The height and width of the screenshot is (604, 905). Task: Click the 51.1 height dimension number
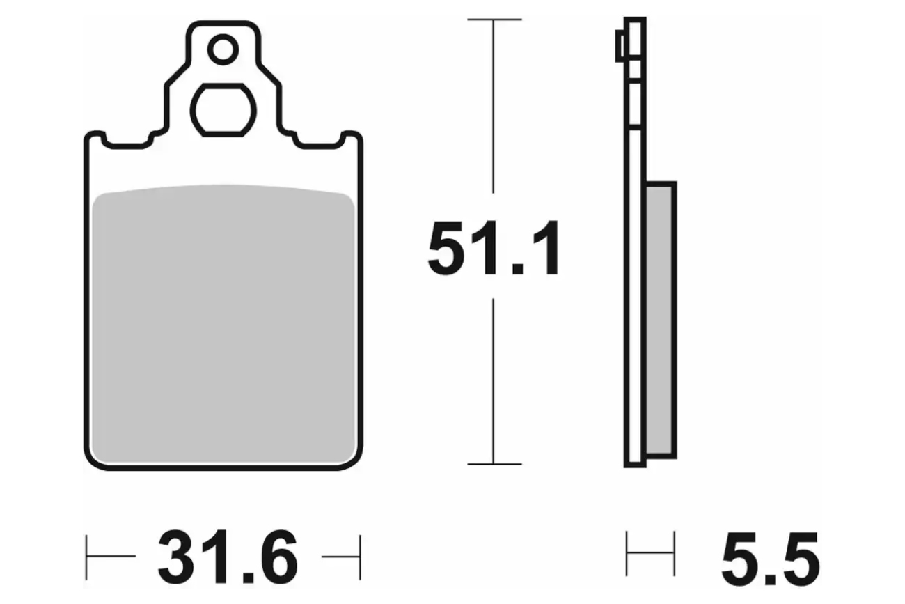click(x=494, y=247)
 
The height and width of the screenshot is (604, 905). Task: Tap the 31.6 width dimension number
click(x=228, y=557)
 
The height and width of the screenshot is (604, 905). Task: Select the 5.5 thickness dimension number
click(x=771, y=559)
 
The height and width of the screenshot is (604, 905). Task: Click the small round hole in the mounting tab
click(x=223, y=49)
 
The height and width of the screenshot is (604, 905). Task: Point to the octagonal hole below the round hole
click(x=223, y=110)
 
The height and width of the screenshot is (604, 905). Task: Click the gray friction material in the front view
click(x=223, y=323)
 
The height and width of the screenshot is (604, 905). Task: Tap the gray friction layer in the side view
click(x=659, y=320)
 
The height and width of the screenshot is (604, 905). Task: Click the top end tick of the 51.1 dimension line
click(x=494, y=19)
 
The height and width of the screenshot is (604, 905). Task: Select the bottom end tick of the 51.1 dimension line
click(x=494, y=464)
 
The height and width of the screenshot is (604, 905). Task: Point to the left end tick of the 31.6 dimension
click(x=86, y=557)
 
